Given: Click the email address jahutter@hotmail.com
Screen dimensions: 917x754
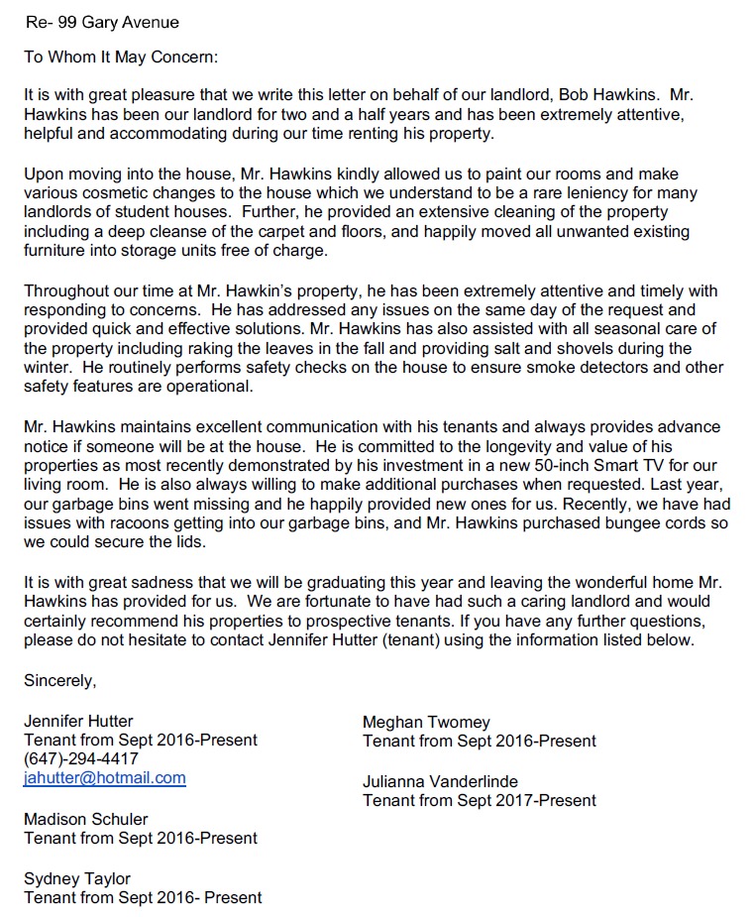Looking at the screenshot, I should tap(104, 778).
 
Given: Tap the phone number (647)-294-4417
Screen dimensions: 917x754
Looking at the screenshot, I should tap(81, 759).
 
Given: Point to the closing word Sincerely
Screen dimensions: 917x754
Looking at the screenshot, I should tap(60, 681).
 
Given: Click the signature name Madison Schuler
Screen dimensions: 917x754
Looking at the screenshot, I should tap(86, 819).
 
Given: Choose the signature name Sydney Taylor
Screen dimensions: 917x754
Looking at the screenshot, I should tap(77, 878).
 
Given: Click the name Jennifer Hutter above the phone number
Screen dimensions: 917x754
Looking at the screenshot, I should tap(78, 721).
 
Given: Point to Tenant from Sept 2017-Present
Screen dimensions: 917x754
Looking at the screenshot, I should tap(480, 800).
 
